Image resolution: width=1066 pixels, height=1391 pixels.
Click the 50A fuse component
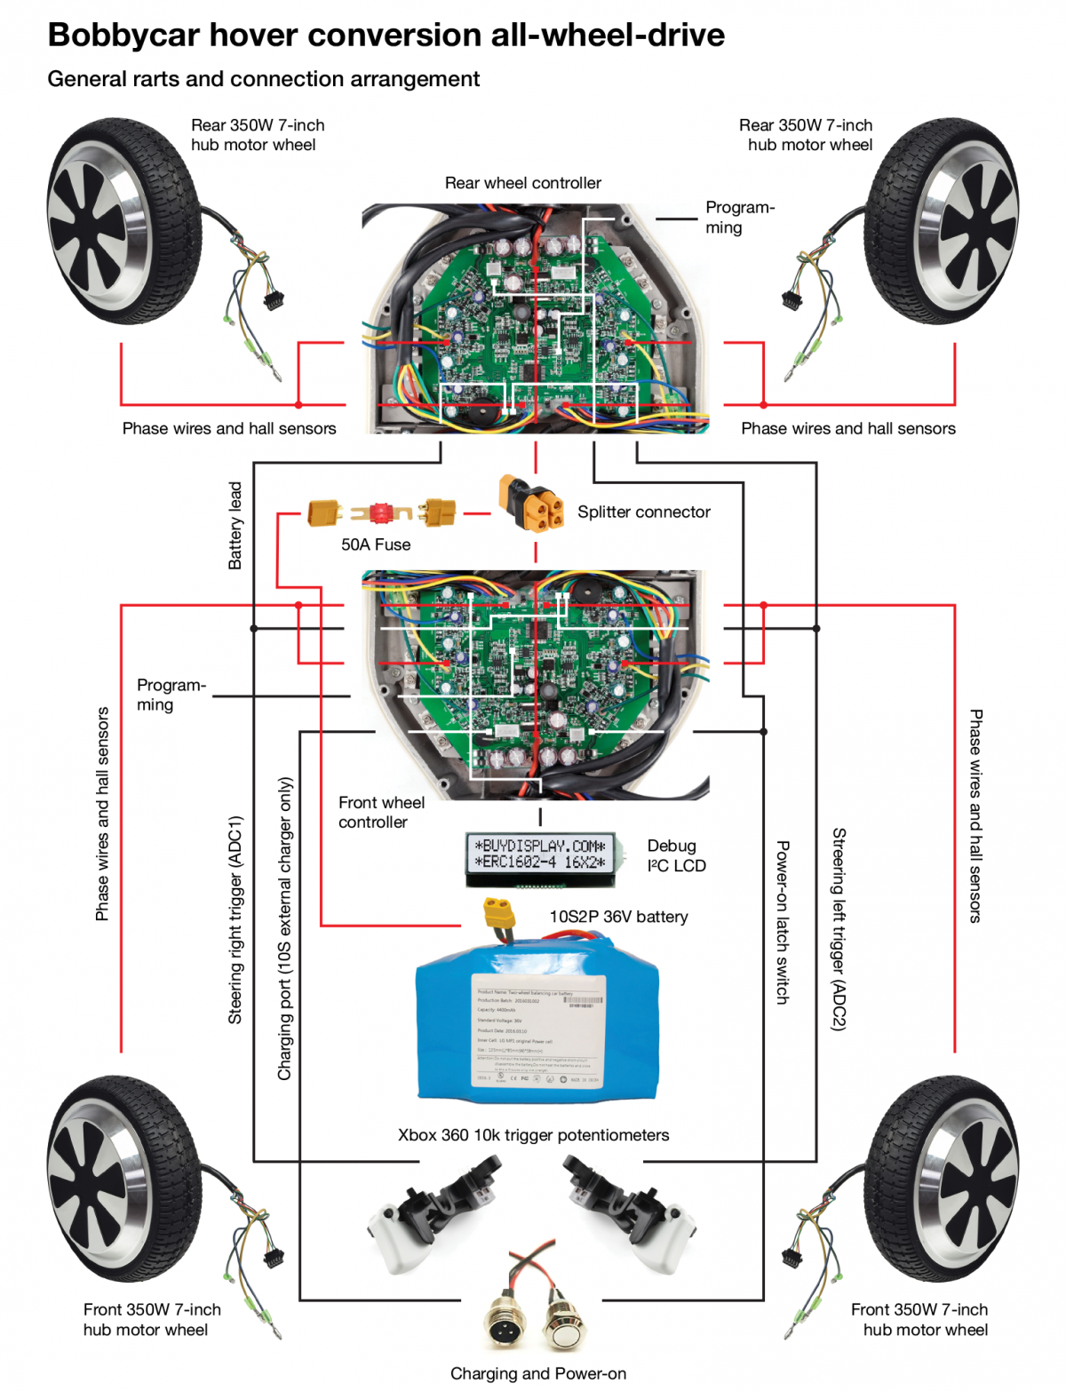click(x=381, y=513)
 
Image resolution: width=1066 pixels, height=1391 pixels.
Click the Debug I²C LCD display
click(x=540, y=857)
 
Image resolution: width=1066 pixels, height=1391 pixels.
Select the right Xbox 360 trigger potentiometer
click(x=631, y=1208)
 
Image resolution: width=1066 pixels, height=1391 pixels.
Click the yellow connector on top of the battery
click(x=500, y=914)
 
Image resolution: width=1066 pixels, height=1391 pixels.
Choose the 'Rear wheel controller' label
click(x=522, y=183)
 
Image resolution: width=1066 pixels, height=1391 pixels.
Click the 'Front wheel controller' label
click(x=381, y=812)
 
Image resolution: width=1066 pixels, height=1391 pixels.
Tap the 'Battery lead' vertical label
click(x=235, y=525)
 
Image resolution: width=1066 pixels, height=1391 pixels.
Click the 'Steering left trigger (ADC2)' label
click(x=839, y=928)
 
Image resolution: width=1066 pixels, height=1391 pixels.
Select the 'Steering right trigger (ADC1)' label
click(x=235, y=919)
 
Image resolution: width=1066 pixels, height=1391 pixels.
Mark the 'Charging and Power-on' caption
click(x=537, y=1373)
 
